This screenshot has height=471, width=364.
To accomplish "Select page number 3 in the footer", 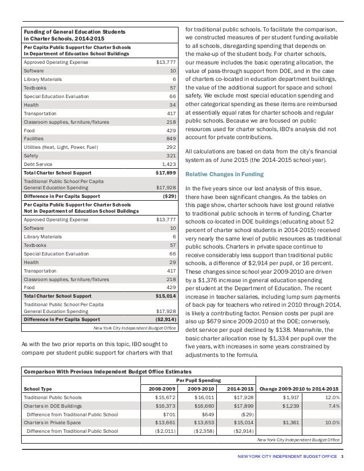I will click(x=342, y=457).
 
